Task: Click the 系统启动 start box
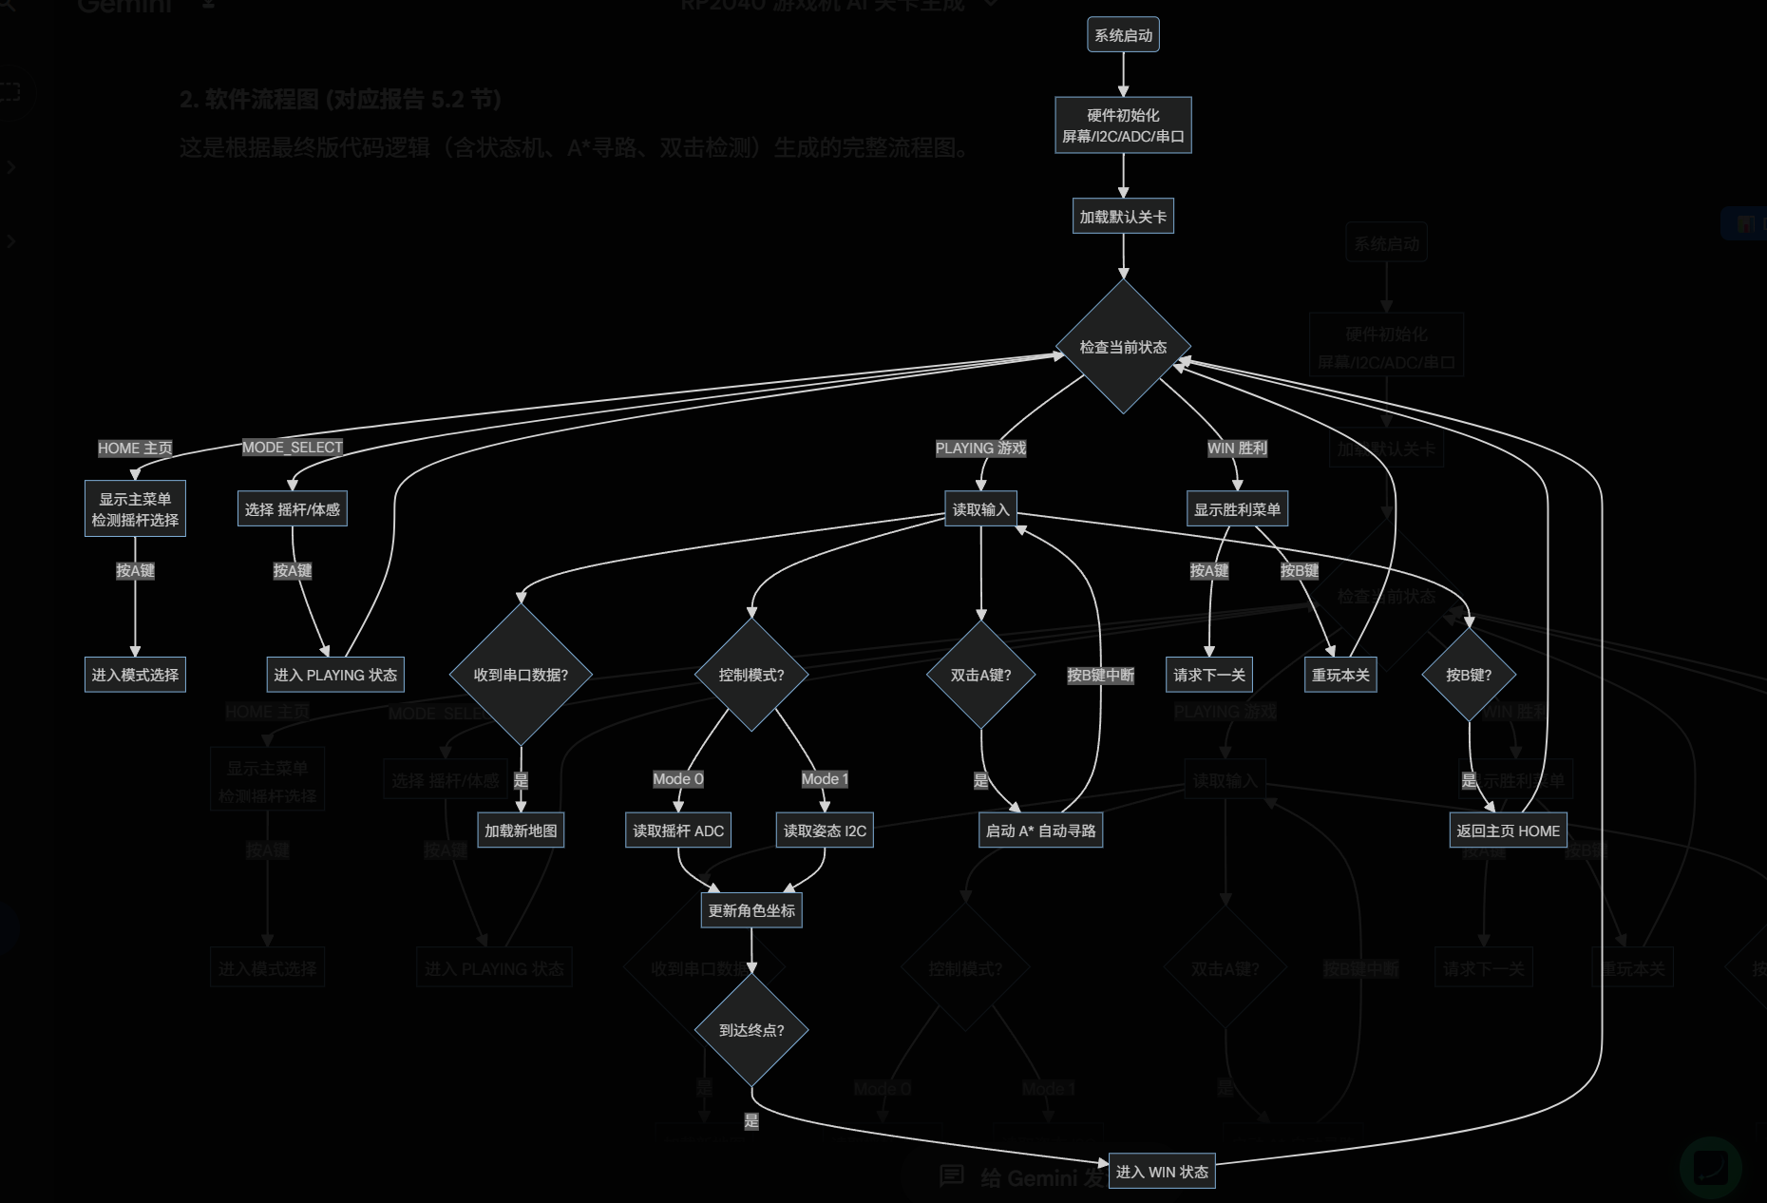pos(1123,35)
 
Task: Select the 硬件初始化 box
pos(1123,125)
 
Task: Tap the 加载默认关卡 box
pos(1123,217)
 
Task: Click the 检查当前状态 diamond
pos(1123,347)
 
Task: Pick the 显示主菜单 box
pos(135,509)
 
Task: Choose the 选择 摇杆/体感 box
pos(292,509)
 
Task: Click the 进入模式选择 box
pos(135,675)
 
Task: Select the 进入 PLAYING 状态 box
pos(335,675)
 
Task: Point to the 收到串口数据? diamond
pos(521,675)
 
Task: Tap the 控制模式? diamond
pos(751,675)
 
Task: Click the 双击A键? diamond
pos(980,675)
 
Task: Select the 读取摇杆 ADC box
pos(678,831)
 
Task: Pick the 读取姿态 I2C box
pos(825,831)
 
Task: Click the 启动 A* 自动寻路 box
pos(1040,831)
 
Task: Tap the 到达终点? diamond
pos(751,1030)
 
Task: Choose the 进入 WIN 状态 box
pos(1162,1172)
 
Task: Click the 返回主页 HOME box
pos(1508,831)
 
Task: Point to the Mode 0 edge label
pos(678,779)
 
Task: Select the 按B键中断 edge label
pos(1100,675)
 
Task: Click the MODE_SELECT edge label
pos(292,448)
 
